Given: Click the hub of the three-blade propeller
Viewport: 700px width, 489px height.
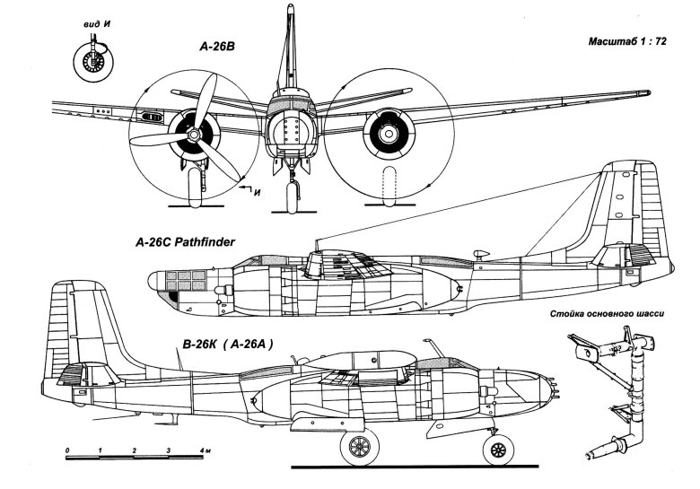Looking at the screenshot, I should pyautogui.click(x=192, y=136).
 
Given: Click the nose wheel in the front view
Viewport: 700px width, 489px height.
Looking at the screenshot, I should pyautogui.click(x=290, y=195).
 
